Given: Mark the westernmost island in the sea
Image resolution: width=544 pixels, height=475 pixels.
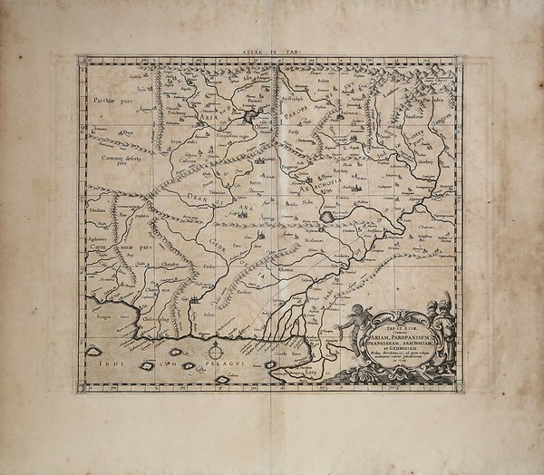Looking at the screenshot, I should [x=93, y=348].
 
